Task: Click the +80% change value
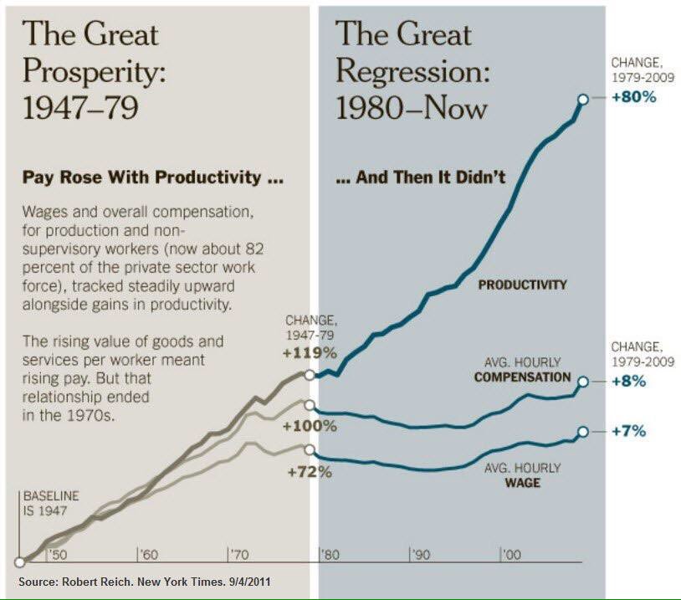(x=637, y=96)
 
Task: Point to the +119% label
(x=311, y=351)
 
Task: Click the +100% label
(x=310, y=426)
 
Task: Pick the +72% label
(x=310, y=472)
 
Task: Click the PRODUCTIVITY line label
(x=522, y=285)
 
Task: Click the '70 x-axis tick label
(x=238, y=555)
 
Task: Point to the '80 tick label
(x=330, y=555)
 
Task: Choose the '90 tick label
(x=420, y=555)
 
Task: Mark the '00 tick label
(x=511, y=555)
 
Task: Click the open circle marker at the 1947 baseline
(x=19, y=563)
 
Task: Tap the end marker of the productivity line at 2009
(x=582, y=98)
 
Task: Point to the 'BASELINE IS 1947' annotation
(x=51, y=502)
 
